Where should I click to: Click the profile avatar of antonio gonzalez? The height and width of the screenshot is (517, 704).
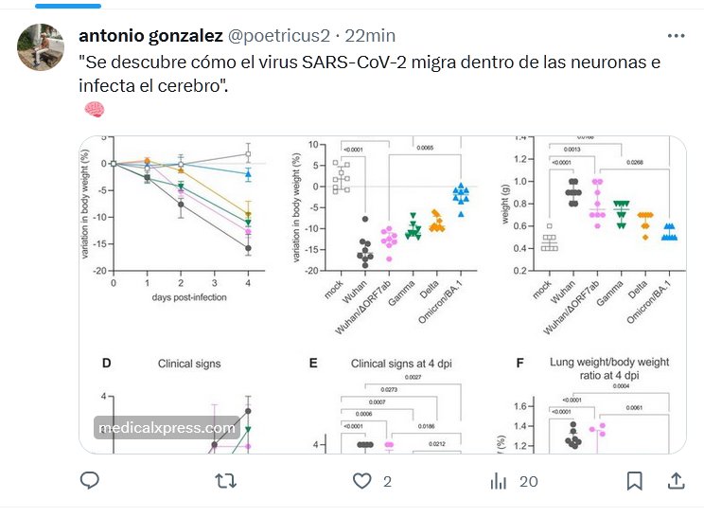point(41,45)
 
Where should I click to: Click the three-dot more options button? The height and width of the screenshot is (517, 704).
point(676,36)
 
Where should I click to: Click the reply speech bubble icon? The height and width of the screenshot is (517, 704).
point(90,481)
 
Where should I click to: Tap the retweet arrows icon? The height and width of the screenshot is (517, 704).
point(226,481)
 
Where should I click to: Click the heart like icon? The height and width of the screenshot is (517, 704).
point(362,481)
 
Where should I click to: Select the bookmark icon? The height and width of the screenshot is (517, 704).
point(635,481)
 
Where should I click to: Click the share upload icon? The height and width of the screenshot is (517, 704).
point(676,481)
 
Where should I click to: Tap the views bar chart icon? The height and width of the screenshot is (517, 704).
point(498,481)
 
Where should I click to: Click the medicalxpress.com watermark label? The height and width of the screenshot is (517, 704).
point(167,428)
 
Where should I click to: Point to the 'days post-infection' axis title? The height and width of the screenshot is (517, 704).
point(179,297)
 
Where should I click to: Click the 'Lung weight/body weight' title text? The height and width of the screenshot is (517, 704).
point(607,362)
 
